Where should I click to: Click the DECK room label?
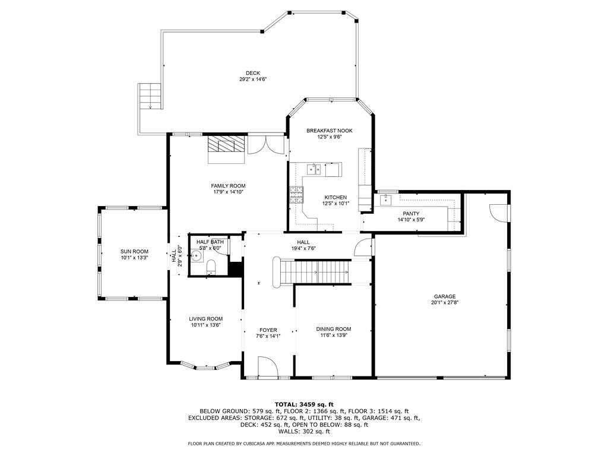tap(253, 73)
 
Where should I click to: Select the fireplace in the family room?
tap(226, 144)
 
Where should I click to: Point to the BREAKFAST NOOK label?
tap(330, 131)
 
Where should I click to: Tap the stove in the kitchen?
tap(296, 195)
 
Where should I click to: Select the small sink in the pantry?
tap(386, 199)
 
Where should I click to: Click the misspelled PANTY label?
tap(411, 214)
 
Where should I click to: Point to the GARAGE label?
tap(444, 296)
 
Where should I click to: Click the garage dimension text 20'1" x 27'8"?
tap(444, 303)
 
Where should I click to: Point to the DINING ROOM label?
tap(333, 329)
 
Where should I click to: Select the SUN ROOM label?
tap(134, 251)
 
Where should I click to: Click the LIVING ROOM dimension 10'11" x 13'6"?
tap(206, 325)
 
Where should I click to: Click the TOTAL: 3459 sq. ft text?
tap(304, 404)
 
